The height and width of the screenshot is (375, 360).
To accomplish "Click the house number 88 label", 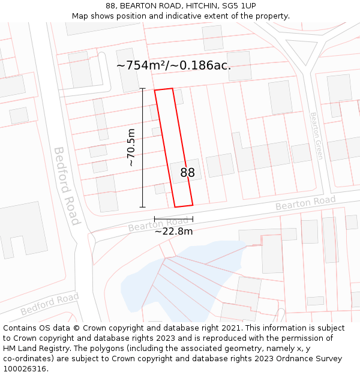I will [187, 173].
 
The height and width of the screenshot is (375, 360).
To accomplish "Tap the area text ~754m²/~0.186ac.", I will [173, 65].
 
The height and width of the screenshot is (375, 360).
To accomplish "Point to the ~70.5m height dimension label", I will [131, 148].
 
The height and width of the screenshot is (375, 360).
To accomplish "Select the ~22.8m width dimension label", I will [173, 232].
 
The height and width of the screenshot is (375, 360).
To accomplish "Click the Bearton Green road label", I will [316, 136].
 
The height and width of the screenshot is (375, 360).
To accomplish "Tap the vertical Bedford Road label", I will [67, 185].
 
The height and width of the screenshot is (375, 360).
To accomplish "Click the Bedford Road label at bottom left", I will [50, 305].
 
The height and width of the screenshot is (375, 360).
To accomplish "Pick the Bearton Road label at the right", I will [305, 203].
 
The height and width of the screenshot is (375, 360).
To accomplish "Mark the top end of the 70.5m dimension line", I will [142, 89].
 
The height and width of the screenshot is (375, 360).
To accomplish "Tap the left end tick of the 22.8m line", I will [154, 219].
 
